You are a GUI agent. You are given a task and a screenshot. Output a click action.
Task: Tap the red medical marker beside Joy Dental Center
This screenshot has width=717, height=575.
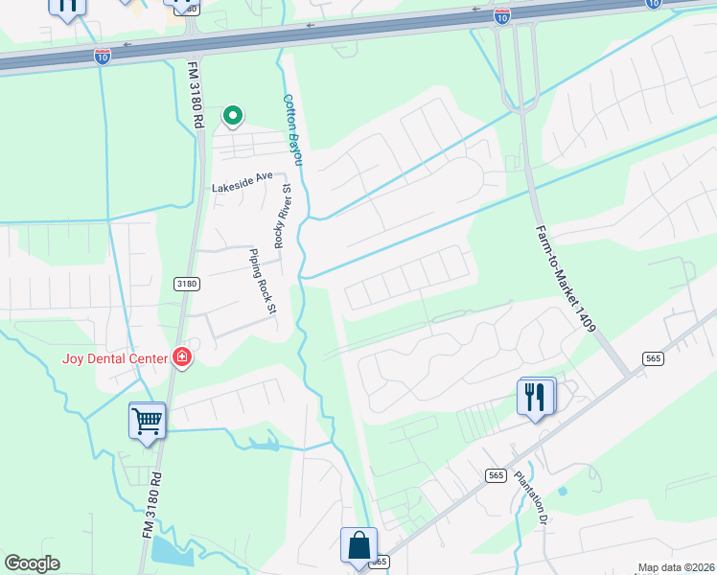click(181, 359)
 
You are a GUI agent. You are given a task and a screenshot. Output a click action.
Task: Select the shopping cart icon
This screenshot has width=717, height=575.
click(147, 420)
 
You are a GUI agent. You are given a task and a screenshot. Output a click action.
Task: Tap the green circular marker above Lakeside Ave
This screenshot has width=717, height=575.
click(232, 116)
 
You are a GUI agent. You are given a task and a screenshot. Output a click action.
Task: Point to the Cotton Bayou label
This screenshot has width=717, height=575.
click(292, 129)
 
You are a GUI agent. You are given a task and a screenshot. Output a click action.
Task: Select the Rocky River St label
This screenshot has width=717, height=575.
click(280, 222)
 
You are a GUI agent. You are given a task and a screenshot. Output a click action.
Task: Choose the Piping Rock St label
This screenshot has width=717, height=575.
click(263, 282)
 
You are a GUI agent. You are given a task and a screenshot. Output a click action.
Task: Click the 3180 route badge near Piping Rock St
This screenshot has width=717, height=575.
click(186, 285)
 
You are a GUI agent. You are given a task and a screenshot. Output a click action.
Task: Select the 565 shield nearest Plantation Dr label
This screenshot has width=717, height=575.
click(496, 475)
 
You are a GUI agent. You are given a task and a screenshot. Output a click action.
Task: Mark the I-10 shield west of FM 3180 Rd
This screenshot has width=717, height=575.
click(103, 57)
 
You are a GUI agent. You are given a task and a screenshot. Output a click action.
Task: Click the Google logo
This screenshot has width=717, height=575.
click(33, 563)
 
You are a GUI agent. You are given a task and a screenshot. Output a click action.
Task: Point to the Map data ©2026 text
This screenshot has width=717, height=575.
click(676, 567)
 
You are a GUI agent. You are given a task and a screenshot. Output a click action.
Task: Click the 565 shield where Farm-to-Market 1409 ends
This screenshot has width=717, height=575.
click(654, 358)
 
